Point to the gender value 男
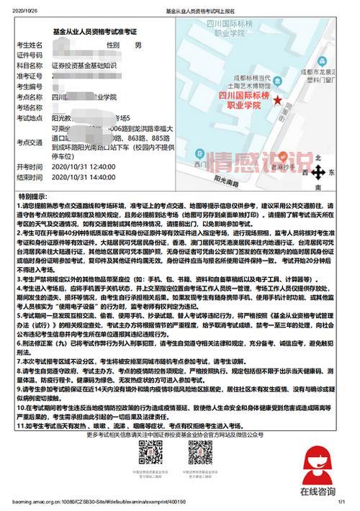click(x=139, y=45)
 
